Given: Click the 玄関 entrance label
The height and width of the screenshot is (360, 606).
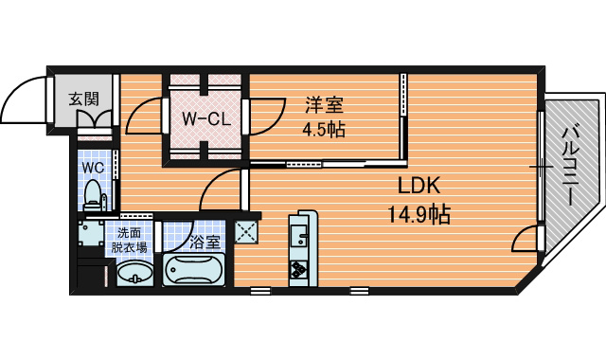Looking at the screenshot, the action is click(84, 99).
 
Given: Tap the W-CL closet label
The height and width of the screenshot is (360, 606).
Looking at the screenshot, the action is click(206, 119).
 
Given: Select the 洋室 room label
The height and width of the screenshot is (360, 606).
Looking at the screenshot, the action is click(324, 105).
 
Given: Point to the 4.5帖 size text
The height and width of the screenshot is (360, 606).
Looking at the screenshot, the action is click(324, 131).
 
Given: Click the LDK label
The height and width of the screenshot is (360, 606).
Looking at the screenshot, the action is click(419, 186).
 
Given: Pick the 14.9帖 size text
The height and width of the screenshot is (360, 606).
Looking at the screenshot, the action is click(419, 215).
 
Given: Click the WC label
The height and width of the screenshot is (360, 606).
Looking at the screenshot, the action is click(93, 168).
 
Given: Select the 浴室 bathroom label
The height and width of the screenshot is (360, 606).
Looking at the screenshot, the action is click(205, 243).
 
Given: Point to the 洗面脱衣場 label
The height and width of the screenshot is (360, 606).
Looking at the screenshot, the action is click(130, 240).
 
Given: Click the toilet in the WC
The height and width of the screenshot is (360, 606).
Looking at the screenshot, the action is click(94, 195).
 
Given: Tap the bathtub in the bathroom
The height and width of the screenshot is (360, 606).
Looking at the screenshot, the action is click(194, 269).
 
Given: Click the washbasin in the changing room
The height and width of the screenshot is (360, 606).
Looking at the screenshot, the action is click(134, 273).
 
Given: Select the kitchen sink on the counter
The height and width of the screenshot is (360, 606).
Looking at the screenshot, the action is click(299, 235).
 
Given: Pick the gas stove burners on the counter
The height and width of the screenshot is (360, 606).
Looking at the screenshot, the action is click(299, 269).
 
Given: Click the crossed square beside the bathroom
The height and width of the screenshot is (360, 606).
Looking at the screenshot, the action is click(246, 232).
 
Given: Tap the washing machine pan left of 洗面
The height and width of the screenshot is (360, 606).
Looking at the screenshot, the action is click(90, 233).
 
